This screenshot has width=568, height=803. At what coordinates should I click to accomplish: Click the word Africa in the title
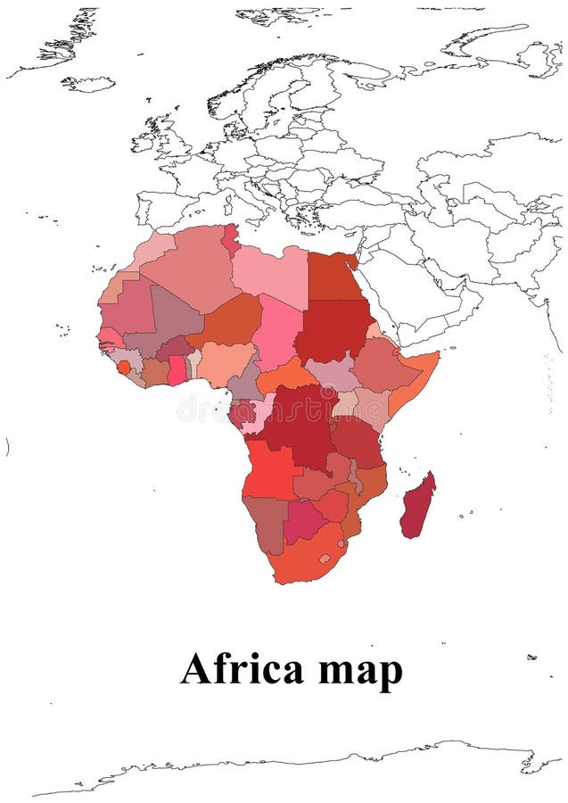[242, 669]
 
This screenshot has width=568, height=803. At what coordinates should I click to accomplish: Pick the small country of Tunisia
[231, 239]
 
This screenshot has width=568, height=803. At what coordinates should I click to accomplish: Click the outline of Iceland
[88, 84]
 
